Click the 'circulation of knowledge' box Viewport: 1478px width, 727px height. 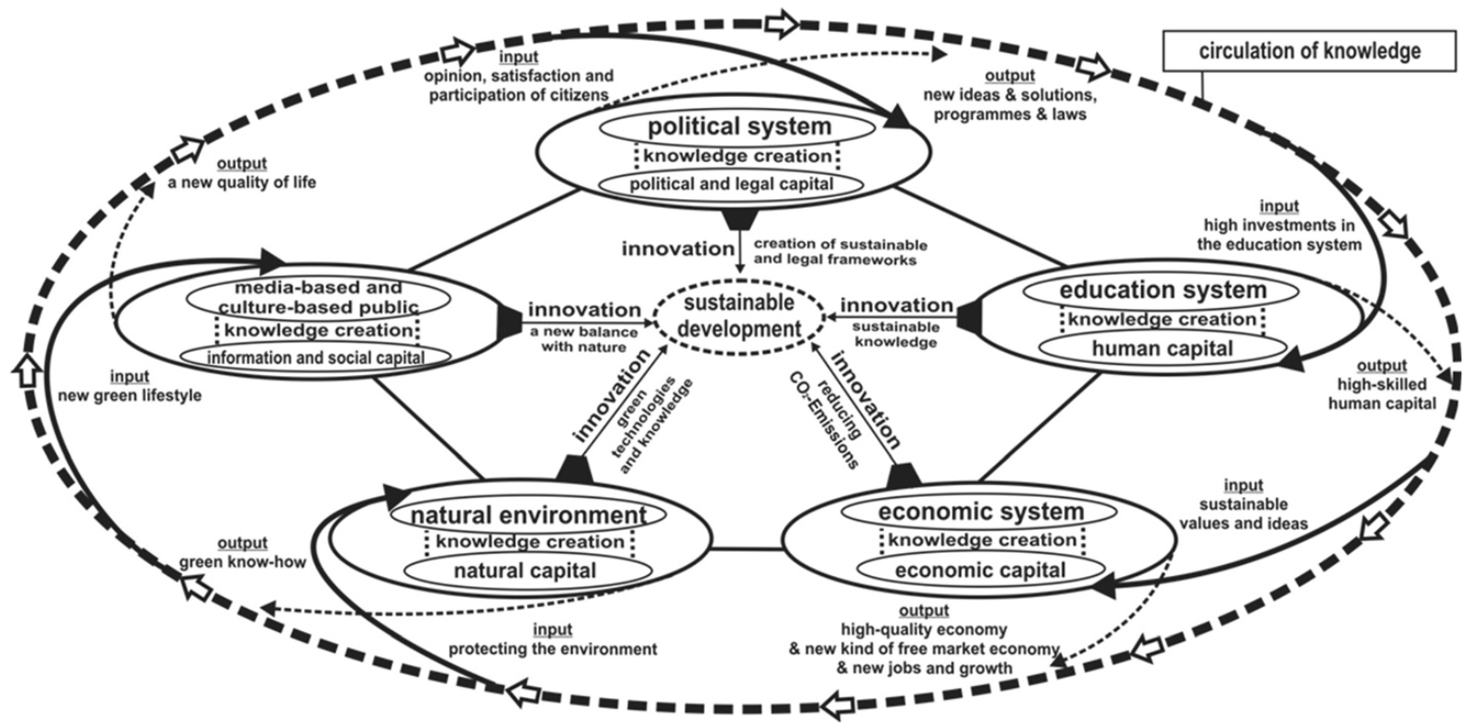(x=1309, y=50)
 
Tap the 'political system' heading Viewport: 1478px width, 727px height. (x=738, y=126)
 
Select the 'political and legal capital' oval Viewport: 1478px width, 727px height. (x=730, y=184)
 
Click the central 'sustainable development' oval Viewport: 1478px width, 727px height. (x=739, y=316)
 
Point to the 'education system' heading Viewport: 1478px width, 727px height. (x=1162, y=290)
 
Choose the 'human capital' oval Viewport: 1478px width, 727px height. (x=1162, y=349)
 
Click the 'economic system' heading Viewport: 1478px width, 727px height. (x=981, y=511)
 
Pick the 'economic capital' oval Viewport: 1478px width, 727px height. (x=980, y=570)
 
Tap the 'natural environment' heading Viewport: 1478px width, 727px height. (x=528, y=515)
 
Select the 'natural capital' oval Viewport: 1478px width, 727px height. (x=524, y=571)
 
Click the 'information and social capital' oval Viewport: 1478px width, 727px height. (x=315, y=357)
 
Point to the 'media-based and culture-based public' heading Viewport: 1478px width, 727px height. (x=319, y=297)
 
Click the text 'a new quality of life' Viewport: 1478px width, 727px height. (x=242, y=182)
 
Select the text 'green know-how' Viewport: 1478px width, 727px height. (x=242, y=562)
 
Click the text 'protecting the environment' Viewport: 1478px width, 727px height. (x=552, y=649)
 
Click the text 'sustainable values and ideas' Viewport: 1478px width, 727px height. (x=1253, y=514)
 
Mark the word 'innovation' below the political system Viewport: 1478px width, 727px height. (x=678, y=249)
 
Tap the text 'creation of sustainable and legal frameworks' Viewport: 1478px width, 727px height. (x=840, y=252)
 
